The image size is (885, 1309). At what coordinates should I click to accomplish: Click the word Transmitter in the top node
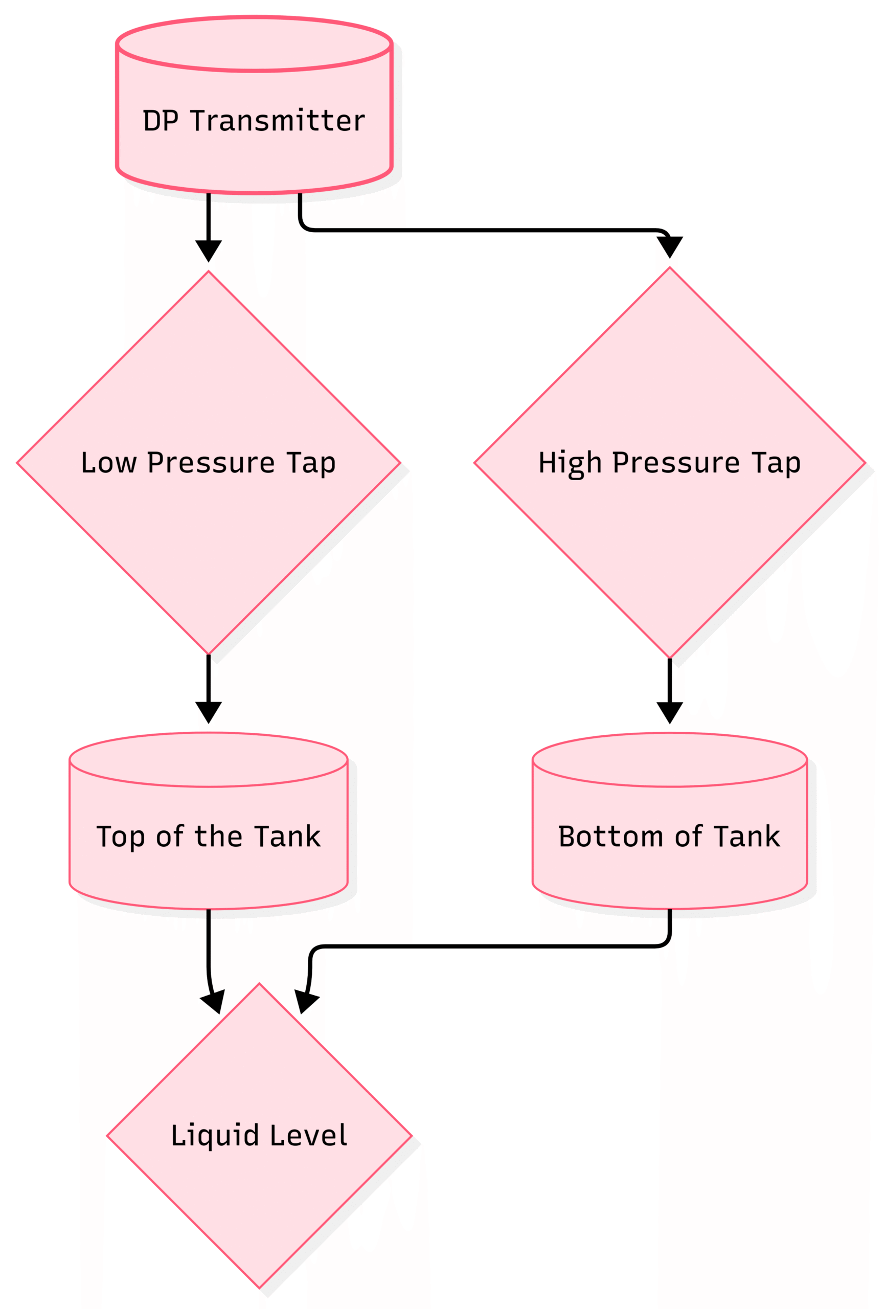[278, 121]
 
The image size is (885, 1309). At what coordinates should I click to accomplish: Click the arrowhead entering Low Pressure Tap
[209, 250]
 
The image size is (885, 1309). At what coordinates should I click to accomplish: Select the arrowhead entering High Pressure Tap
[669, 246]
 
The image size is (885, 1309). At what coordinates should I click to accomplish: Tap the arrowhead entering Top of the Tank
[209, 711]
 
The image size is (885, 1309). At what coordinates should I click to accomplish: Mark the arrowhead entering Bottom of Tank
[669, 711]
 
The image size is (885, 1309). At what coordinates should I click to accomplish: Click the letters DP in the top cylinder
[161, 121]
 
